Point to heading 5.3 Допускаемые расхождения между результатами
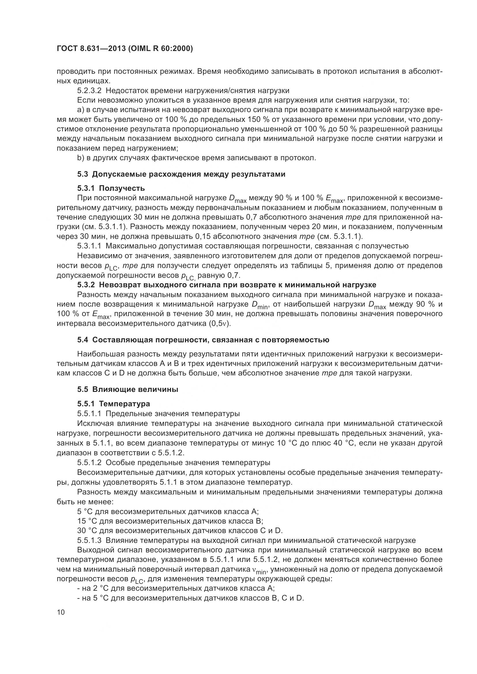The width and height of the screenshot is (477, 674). (x=181, y=174)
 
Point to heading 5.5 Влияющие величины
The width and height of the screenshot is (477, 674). (x=128, y=389)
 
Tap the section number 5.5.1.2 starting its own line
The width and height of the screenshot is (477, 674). (x=89, y=463)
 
